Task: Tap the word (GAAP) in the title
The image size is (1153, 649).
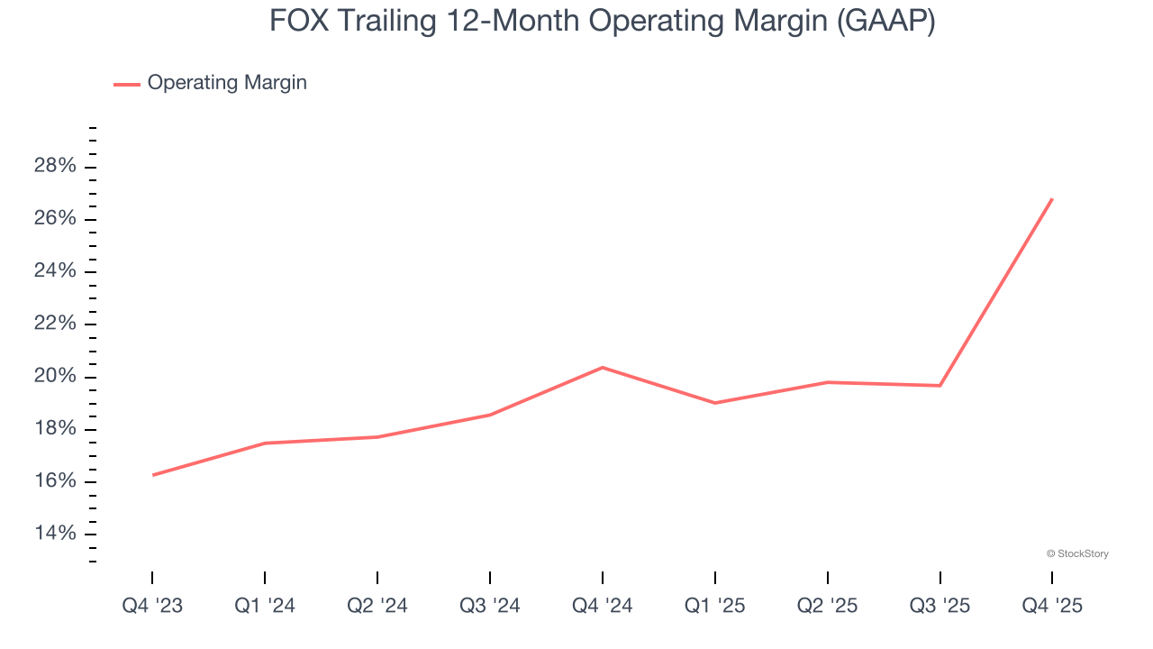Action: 885,21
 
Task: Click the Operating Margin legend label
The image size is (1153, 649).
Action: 227,83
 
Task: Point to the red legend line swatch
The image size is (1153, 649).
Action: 126,84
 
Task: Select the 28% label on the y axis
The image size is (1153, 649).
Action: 55,167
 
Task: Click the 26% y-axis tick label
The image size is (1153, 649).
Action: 55,219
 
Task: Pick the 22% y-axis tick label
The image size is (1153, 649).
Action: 55,324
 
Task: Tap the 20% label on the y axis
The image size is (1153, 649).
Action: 55,377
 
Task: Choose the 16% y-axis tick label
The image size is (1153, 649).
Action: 55,481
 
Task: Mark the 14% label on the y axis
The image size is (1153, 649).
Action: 55,534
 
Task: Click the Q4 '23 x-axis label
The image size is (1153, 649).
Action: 152,606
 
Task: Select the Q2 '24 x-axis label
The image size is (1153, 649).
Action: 377,606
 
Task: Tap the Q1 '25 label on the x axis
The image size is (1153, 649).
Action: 715,606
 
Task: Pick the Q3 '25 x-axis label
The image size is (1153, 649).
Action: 940,606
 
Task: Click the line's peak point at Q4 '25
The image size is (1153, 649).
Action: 1052,199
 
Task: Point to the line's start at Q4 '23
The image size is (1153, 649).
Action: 153,475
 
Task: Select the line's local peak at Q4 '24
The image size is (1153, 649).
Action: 603,367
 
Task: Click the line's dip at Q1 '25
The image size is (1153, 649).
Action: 715,403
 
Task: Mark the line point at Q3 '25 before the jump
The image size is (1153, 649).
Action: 940,386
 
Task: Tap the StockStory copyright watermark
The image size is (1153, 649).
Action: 1077,553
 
